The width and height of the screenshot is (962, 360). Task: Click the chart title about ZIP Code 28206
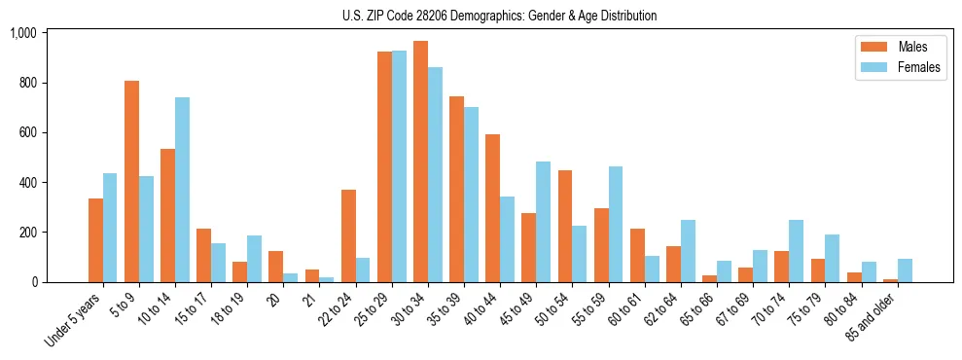pos(499,16)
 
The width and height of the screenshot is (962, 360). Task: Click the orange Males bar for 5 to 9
pos(131,181)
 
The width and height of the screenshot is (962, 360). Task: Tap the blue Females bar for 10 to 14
pos(183,190)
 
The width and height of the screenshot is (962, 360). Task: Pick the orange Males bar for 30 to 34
pos(420,162)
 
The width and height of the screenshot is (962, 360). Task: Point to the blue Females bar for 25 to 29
pos(399,166)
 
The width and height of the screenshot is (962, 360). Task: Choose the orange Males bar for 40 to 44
pos(492,208)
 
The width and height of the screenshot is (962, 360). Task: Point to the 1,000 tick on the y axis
pos(22,33)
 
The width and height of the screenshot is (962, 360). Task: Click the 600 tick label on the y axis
pos(26,132)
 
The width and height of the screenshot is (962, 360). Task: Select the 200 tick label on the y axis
pos(26,233)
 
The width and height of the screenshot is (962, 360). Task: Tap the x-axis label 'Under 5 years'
pos(74,320)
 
